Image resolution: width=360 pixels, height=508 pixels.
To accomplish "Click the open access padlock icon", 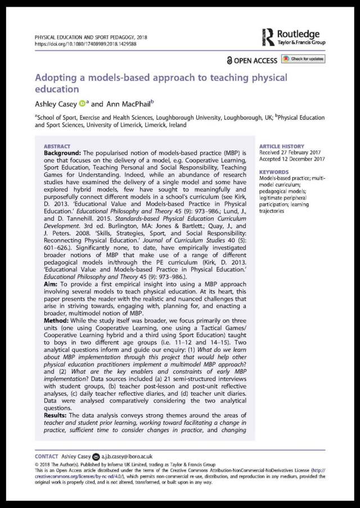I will (x=229, y=60).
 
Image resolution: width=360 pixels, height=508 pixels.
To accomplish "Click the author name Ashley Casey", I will (x=56, y=103).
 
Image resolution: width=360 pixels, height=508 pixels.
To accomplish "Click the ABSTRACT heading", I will (x=57, y=145).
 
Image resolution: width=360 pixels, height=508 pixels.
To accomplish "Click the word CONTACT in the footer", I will (x=46, y=456).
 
